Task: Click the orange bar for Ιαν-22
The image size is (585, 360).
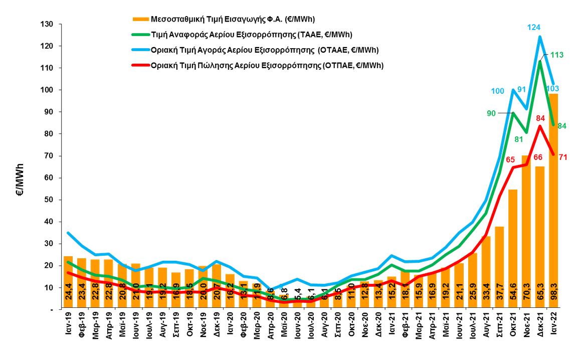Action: (x=553, y=201)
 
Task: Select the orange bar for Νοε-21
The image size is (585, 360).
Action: (x=526, y=231)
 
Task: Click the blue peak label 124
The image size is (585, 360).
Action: (x=540, y=27)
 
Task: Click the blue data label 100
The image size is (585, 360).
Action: (x=498, y=91)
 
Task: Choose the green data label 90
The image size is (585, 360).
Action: (x=492, y=113)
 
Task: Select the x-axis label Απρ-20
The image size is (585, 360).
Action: (x=271, y=333)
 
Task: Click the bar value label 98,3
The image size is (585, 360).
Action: (x=554, y=293)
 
